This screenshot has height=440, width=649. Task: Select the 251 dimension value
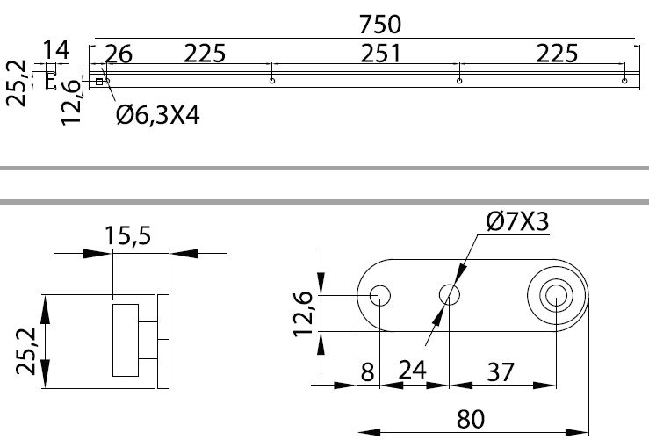379,54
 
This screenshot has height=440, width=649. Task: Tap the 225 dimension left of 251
204,54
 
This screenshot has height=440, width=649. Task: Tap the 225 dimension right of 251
556,54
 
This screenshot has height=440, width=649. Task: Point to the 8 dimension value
367,371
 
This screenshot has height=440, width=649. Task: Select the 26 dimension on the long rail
119,54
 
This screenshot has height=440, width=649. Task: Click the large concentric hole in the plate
556,296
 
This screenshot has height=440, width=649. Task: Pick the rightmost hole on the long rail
624,82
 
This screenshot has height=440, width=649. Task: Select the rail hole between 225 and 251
272,82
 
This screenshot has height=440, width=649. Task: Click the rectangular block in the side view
126,339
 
